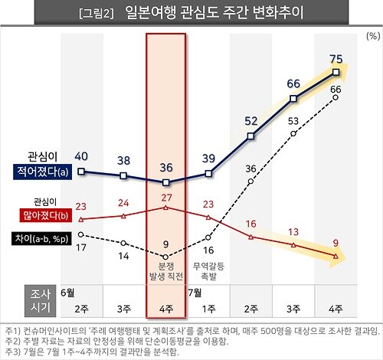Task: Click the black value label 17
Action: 81,247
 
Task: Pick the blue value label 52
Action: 250,120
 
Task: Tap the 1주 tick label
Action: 208,309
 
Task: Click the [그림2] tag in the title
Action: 97,15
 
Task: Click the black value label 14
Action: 123,257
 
